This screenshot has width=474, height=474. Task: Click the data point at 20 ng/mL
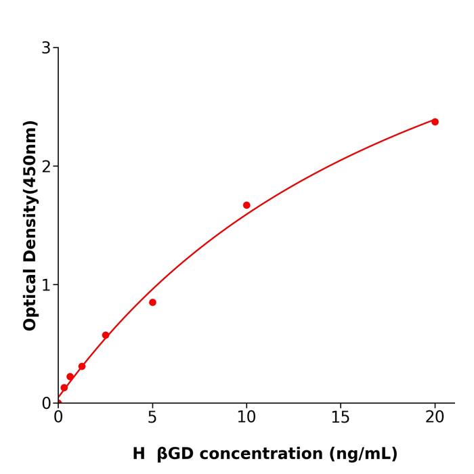coord(435,122)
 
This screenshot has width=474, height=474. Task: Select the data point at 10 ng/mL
coord(246,205)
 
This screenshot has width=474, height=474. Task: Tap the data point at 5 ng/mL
coord(152,303)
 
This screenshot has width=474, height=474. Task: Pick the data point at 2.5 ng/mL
coord(106,335)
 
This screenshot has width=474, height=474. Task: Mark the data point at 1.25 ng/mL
coord(82,366)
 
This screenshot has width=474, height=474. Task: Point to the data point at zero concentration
coord(58,403)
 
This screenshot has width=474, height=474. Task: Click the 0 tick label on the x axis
coord(58,418)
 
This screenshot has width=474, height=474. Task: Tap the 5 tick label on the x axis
coord(152,418)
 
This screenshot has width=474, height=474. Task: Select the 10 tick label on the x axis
coord(246,418)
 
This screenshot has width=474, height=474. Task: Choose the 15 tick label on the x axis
coord(341,418)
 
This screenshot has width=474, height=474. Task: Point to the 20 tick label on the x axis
coord(435,418)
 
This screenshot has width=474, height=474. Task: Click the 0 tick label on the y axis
coord(46,404)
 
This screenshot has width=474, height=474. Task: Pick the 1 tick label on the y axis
coord(46,285)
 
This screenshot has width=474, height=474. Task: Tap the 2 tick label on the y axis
coord(46,167)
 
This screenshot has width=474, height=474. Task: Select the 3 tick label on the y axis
coord(46,48)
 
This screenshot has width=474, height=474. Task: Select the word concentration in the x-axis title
coord(267,454)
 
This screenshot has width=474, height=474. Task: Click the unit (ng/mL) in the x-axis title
coord(364,454)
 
